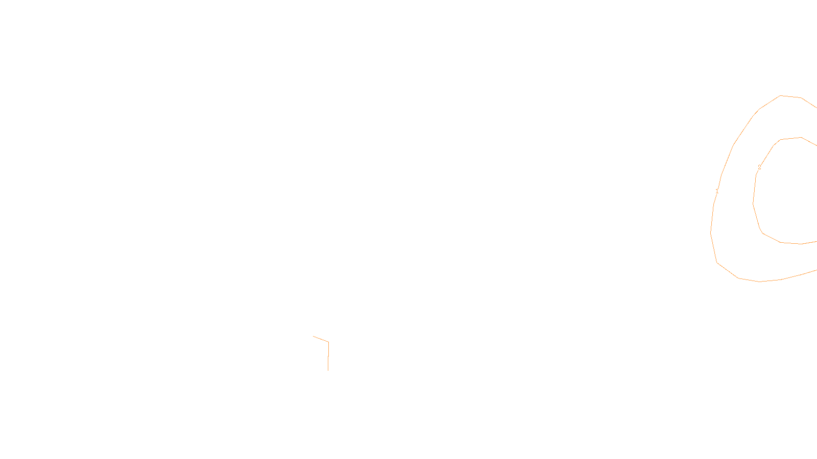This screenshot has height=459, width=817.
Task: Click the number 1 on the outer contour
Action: tap(717, 191)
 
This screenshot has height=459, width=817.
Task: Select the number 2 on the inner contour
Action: tap(759, 167)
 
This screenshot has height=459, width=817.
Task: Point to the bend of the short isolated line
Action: tap(328, 342)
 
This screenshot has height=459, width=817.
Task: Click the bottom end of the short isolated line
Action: tap(328, 370)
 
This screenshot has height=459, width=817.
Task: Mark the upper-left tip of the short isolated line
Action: tap(314, 337)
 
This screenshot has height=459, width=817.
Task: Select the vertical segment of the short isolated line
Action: tap(328, 356)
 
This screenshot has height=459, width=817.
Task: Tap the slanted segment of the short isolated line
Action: tap(321, 339)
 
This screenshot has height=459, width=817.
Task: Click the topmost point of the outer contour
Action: tap(781, 95)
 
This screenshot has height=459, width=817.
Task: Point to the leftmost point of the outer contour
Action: tap(711, 232)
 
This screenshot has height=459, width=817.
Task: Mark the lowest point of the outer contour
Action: tap(759, 282)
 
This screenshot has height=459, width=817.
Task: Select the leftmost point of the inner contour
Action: tap(753, 203)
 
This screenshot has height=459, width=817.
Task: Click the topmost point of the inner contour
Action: tap(801, 137)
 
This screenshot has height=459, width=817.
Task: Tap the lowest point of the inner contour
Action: tap(801, 244)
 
